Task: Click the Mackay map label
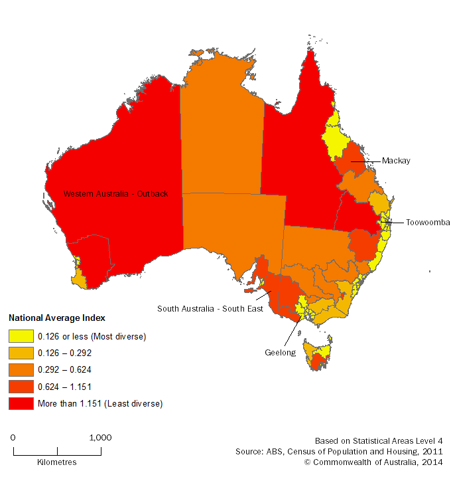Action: pos(396,161)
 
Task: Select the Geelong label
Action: pos(281,353)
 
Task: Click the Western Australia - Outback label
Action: pos(115,193)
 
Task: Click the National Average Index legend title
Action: pos(57,318)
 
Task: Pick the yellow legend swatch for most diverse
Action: pos(19,337)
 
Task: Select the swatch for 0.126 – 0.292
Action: pos(19,353)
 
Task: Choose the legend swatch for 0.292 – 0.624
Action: pos(19,370)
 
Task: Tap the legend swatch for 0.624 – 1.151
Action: pos(19,387)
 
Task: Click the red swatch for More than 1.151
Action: pos(19,403)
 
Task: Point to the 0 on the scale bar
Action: pos(13,438)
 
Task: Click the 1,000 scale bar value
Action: pos(100,438)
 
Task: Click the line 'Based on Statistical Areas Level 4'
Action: pos(378,440)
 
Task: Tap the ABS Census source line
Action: pos(338,451)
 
